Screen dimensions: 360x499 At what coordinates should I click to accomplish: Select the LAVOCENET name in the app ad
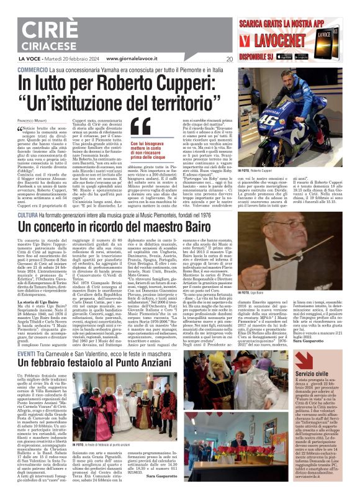pyautogui.click(x=276, y=43)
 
